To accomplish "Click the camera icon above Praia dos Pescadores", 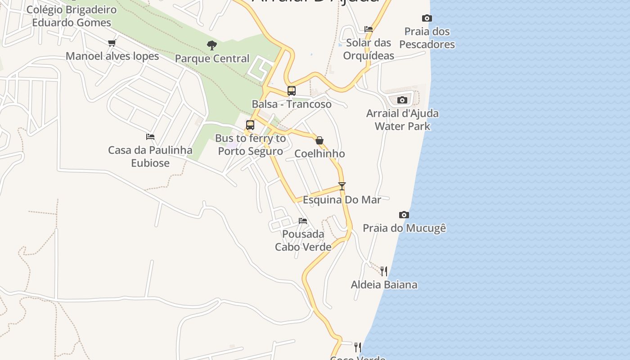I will pos(427,18).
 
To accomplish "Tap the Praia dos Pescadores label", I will pos(427,38).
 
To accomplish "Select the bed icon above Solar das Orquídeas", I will pos(369,29).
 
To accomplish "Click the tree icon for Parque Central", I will pos(211,45).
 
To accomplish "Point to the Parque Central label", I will pos(212,58).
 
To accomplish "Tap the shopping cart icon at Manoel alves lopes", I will pos(112,43).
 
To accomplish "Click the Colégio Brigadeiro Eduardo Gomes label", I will pos(72,16).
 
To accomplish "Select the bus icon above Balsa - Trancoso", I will pos(291,91).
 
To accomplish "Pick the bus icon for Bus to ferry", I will pos(250,125).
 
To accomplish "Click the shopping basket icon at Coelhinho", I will pos(319,140).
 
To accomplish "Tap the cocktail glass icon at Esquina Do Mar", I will pos(342,186).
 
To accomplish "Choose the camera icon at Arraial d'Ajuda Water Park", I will pos(402,100).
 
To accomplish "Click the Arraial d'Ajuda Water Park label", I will pos(402,120).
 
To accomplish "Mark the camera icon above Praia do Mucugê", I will pos(404,215).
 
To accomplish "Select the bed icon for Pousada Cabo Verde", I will pos(303,221).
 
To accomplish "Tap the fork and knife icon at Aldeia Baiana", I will pos(384,271).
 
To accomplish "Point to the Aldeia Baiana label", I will pos(384,285).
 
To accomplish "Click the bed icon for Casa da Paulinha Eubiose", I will pos(150,137).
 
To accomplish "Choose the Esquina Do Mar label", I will pos(342,200).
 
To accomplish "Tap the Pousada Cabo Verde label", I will pos(303,241).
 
